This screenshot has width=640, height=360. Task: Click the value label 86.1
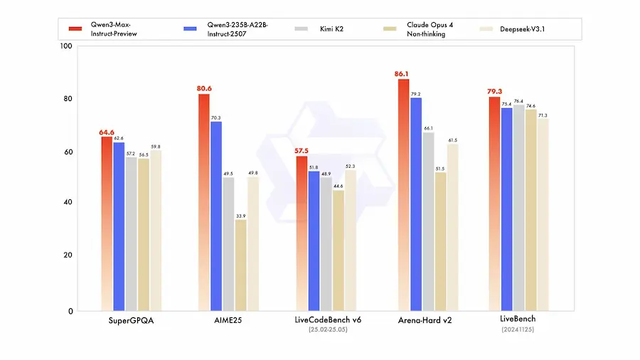click(x=403, y=73)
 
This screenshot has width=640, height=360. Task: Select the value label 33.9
click(x=241, y=216)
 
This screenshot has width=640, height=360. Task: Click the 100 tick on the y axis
click(x=67, y=46)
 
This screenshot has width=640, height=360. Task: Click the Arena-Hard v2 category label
click(x=425, y=320)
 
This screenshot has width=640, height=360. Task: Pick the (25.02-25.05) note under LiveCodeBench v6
click(x=328, y=330)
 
